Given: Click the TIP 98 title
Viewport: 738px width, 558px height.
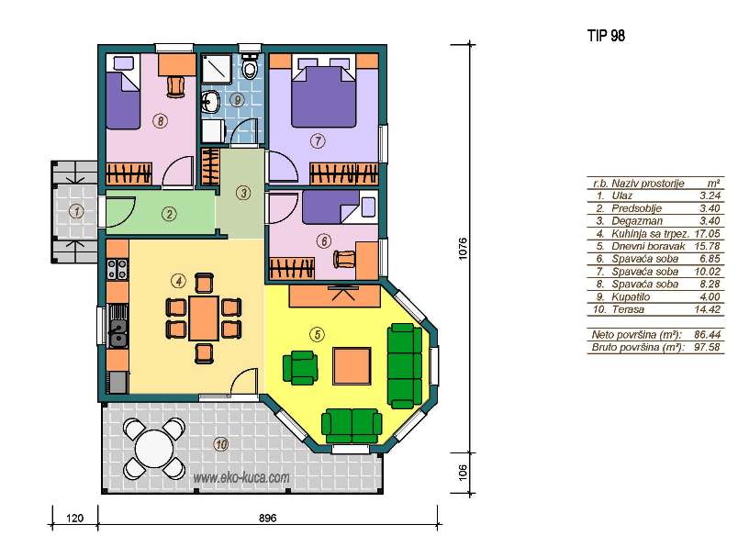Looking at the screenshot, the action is pos(606,36).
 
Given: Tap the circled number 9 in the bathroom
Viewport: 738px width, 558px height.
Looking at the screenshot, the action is pos(237,100).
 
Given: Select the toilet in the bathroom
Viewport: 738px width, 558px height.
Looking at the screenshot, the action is pos(250,67).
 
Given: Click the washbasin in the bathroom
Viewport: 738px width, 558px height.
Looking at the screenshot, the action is pos(211,101).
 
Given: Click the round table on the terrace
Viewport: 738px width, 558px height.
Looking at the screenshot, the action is pos(154,449).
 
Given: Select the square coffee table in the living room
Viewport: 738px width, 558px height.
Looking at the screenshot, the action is pos(352,365).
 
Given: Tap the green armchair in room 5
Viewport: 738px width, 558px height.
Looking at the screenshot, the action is pos(300,368).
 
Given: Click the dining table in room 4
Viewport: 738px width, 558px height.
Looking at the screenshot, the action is pos(204,318).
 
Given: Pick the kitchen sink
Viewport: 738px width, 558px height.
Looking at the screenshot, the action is pos(117,326).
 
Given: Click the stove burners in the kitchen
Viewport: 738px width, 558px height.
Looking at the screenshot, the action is pos(117,269).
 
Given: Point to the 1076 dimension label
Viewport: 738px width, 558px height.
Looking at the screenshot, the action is pos(463,248).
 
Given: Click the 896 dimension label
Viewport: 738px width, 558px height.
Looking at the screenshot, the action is pos(267,518).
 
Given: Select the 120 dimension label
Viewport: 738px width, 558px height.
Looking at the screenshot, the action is pos(75,518).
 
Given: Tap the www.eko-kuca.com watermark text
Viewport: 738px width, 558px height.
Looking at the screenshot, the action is pos(241,478).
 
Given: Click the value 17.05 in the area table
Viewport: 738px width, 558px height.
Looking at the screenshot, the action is pos(708,233).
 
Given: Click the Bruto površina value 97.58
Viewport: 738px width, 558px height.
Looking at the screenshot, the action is pos(708,348).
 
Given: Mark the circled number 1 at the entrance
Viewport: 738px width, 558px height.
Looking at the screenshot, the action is pos(77,211).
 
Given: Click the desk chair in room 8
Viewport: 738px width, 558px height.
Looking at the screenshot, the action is pos(176,86).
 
